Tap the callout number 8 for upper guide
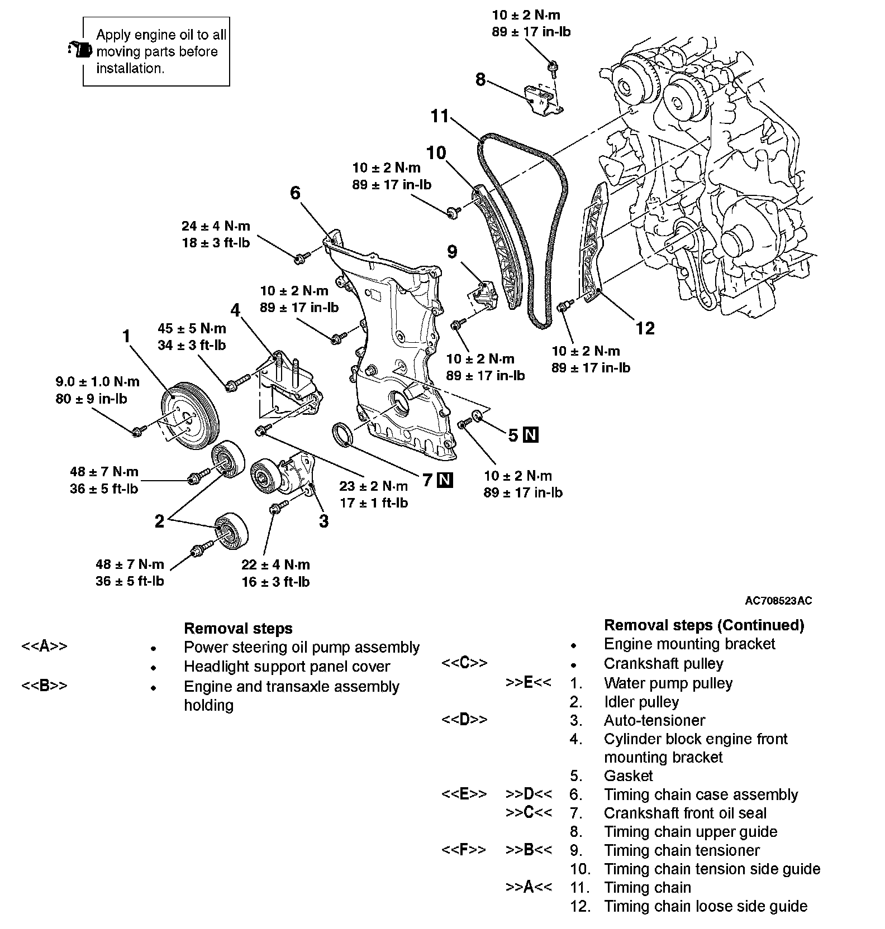click(480, 79)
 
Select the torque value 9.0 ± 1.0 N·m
click(97, 382)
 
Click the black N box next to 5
click(531, 435)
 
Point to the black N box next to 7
click(445, 480)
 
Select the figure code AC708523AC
click(778, 601)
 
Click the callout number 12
click(645, 328)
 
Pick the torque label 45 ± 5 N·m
click(192, 328)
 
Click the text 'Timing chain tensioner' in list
click(682, 850)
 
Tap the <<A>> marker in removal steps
click(44, 647)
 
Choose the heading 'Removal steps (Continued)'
click(704, 625)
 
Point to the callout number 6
click(295, 193)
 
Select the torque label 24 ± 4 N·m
click(216, 226)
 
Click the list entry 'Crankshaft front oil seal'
click(685, 813)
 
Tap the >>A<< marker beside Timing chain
click(529, 887)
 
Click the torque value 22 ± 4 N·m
click(275, 564)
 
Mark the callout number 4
click(236, 310)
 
